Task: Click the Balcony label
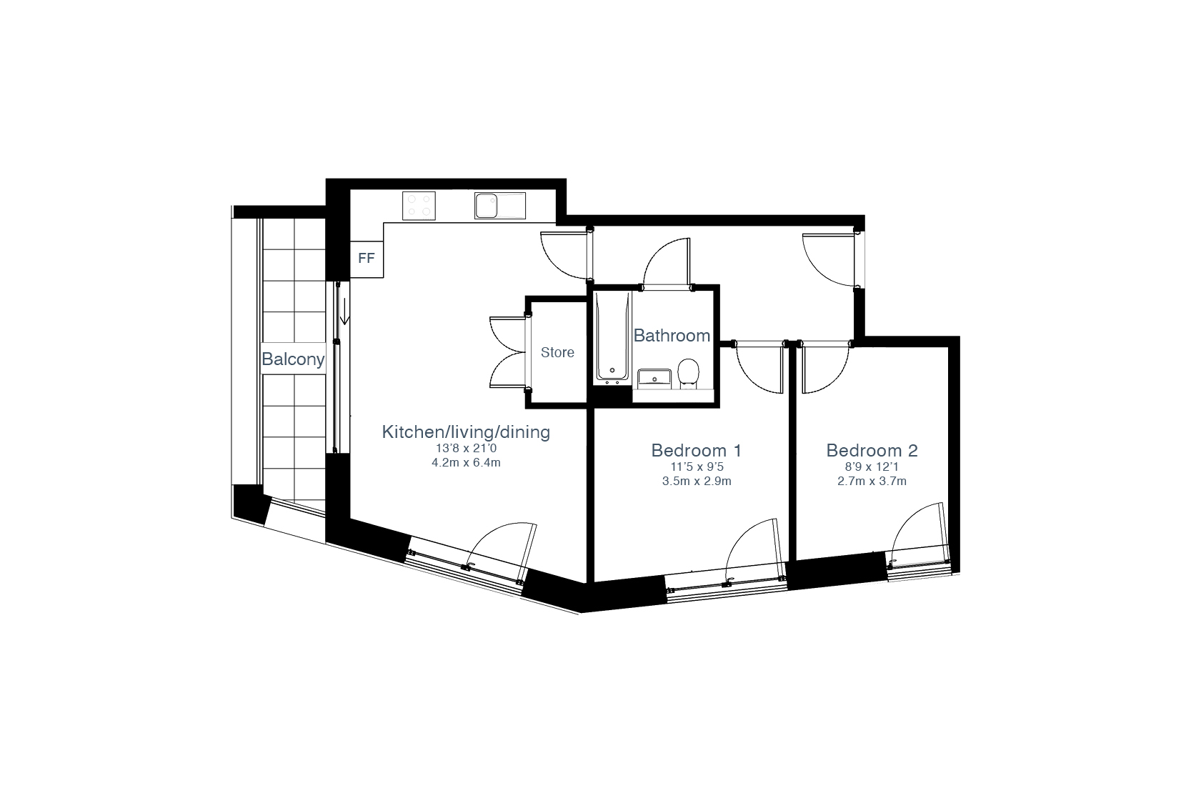293,359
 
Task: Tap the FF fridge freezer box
367,259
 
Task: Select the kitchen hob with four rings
419,206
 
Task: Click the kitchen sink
500,206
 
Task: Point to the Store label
557,352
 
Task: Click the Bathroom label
672,335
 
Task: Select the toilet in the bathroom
689,374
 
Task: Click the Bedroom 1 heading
696,451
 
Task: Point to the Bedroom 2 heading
872,451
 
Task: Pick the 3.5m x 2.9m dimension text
697,482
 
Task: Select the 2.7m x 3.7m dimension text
872,482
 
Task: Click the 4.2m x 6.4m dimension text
466,463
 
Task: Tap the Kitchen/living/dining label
466,432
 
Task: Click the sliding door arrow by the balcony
344,311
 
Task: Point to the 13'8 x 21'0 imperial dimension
466,449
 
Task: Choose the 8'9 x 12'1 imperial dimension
872,467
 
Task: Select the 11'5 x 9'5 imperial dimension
697,467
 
